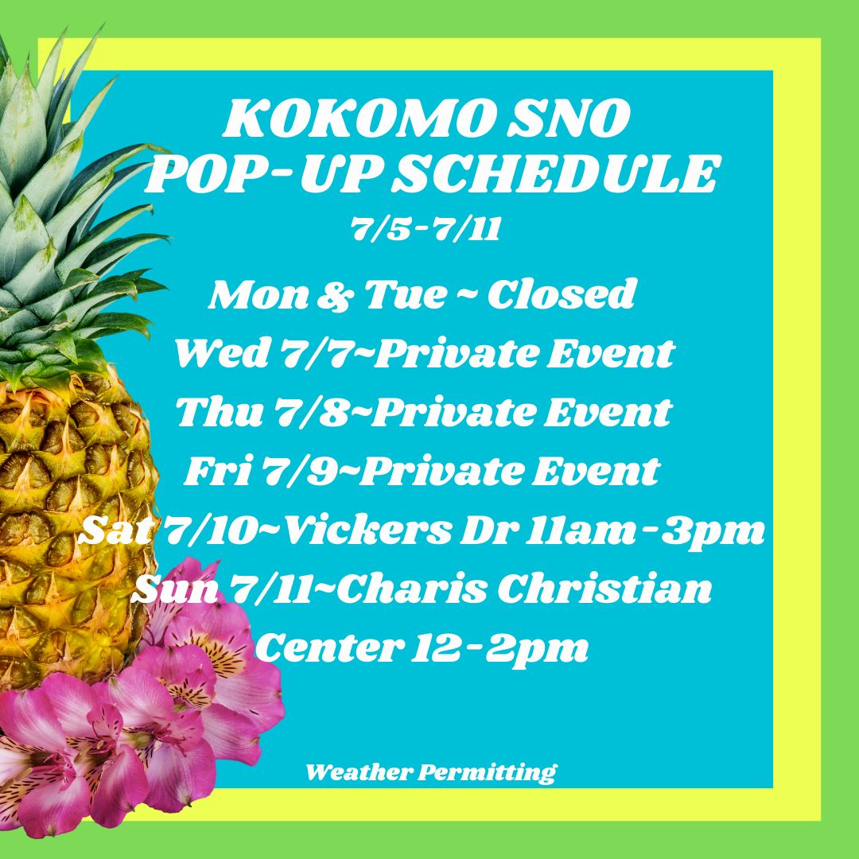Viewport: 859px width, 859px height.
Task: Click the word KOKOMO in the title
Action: click(360, 119)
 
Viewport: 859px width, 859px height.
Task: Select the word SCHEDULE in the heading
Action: click(554, 173)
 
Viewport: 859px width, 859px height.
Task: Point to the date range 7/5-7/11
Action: click(426, 228)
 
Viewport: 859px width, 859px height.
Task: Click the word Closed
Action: click(562, 294)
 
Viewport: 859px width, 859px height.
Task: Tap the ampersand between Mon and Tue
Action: click(336, 296)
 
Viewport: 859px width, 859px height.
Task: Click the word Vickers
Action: click(369, 531)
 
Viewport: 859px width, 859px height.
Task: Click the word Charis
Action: click(411, 589)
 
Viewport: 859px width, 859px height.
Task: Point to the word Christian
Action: click(604, 589)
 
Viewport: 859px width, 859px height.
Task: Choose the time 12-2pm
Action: click(499, 650)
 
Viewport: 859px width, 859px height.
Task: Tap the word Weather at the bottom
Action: click(360, 772)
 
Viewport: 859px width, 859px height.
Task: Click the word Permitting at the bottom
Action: click(488, 773)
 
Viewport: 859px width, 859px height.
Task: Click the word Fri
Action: click(218, 471)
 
